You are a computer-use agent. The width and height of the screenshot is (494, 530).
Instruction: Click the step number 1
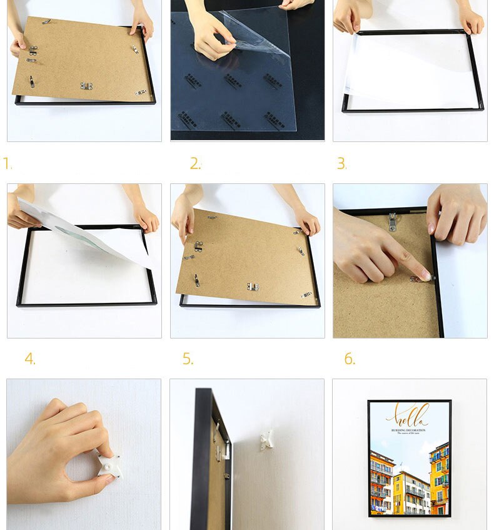(8, 164)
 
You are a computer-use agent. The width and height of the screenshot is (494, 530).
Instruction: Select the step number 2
(195, 164)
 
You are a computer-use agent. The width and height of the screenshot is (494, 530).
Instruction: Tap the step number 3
(341, 164)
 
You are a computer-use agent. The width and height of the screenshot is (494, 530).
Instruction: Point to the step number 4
(30, 359)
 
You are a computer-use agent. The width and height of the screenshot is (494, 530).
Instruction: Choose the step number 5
(188, 359)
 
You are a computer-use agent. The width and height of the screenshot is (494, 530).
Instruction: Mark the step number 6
(350, 359)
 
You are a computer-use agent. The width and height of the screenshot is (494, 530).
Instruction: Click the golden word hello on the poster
(408, 414)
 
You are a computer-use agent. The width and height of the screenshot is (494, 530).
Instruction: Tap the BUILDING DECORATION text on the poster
(408, 430)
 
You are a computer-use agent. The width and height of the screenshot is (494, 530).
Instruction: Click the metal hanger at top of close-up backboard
(392, 221)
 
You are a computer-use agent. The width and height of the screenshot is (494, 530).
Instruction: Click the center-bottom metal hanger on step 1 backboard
(86, 86)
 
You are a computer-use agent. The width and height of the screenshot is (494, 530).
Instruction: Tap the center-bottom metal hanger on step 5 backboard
(253, 286)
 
